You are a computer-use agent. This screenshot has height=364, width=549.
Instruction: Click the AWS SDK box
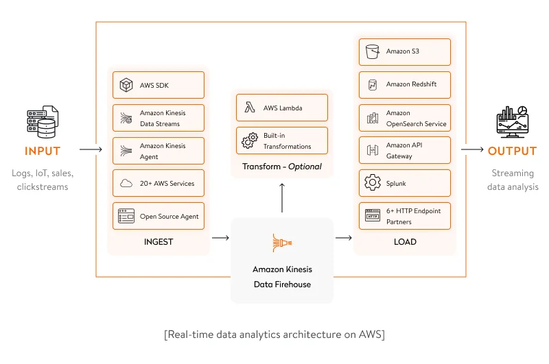(159, 85)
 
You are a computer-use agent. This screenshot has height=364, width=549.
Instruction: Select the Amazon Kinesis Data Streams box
(159, 118)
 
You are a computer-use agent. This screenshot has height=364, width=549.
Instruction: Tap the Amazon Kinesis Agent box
(159, 151)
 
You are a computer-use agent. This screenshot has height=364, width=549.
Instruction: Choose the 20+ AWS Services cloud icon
(126, 184)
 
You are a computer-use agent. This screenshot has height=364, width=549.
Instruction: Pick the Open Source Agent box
(159, 216)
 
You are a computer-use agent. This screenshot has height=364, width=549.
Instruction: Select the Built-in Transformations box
(281, 141)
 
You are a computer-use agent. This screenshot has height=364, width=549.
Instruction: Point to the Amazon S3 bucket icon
(373, 51)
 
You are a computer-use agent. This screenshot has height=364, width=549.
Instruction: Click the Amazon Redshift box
(404, 84)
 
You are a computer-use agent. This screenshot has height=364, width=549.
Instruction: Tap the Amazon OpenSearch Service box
(404, 118)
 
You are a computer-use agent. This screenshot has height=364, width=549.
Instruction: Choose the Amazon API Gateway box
(404, 151)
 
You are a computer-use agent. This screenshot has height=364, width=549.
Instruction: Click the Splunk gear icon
(373, 183)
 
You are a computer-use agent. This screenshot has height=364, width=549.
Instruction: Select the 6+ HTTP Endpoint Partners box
(404, 216)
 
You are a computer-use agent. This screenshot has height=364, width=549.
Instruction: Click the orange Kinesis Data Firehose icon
(281, 243)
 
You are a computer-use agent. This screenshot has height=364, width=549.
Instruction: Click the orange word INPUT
(43, 151)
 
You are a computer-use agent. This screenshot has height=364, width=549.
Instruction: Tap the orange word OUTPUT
(512, 151)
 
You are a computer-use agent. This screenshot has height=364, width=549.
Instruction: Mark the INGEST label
(159, 241)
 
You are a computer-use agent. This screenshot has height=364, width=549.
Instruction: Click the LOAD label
(405, 241)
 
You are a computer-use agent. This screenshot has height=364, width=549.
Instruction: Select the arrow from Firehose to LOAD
(343, 238)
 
